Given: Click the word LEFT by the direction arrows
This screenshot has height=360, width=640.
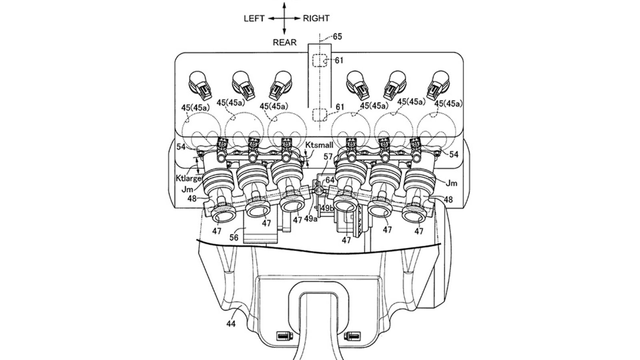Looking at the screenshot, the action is click(x=254, y=18).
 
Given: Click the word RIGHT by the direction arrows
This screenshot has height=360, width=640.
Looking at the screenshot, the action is click(x=316, y=18).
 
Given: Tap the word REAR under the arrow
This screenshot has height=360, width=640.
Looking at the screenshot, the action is click(x=284, y=42).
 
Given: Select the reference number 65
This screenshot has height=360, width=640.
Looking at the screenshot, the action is click(x=338, y=36).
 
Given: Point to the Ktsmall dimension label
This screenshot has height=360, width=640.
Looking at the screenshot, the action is click(x=319, y=145).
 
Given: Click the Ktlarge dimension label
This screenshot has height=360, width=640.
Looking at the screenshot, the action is click(x=188, y=178).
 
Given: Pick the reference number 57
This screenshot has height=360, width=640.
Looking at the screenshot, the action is click(x=328, y=156).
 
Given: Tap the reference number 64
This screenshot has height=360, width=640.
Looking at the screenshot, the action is click(x=330, y=180).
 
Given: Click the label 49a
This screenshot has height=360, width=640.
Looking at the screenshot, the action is click(x=310, y=219).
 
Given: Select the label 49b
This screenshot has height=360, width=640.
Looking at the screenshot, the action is click(x=327, y=208).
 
